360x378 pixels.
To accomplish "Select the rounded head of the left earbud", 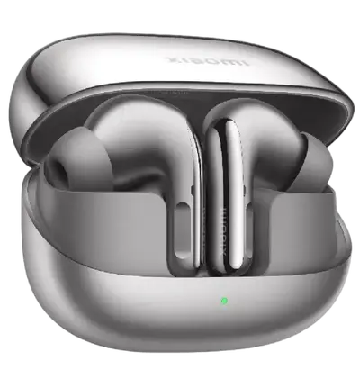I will (153, 144).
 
